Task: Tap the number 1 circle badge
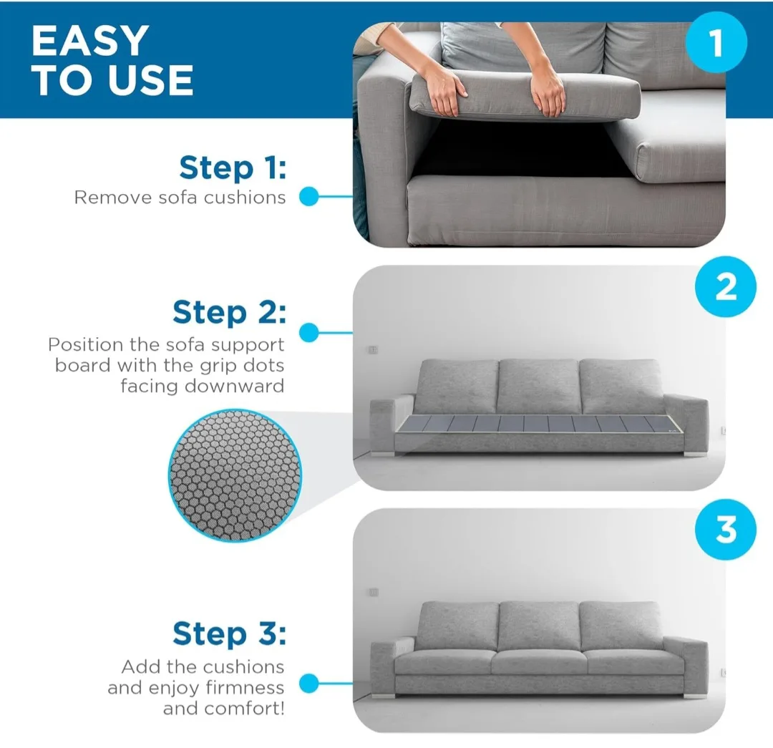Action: point(716,44)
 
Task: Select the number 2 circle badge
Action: point(725,287)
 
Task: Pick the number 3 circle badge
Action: point(725,530)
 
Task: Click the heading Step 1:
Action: point(232,168)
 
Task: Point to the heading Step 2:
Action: point(229,313)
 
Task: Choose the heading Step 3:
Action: point(229,634)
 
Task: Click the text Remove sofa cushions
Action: point(180,198)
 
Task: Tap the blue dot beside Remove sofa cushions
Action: point(308,196)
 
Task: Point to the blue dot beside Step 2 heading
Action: point(308,332)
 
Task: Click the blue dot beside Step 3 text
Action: point(308,684)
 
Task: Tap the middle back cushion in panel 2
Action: point(538,386)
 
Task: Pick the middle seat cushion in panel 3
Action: point(539,662)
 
